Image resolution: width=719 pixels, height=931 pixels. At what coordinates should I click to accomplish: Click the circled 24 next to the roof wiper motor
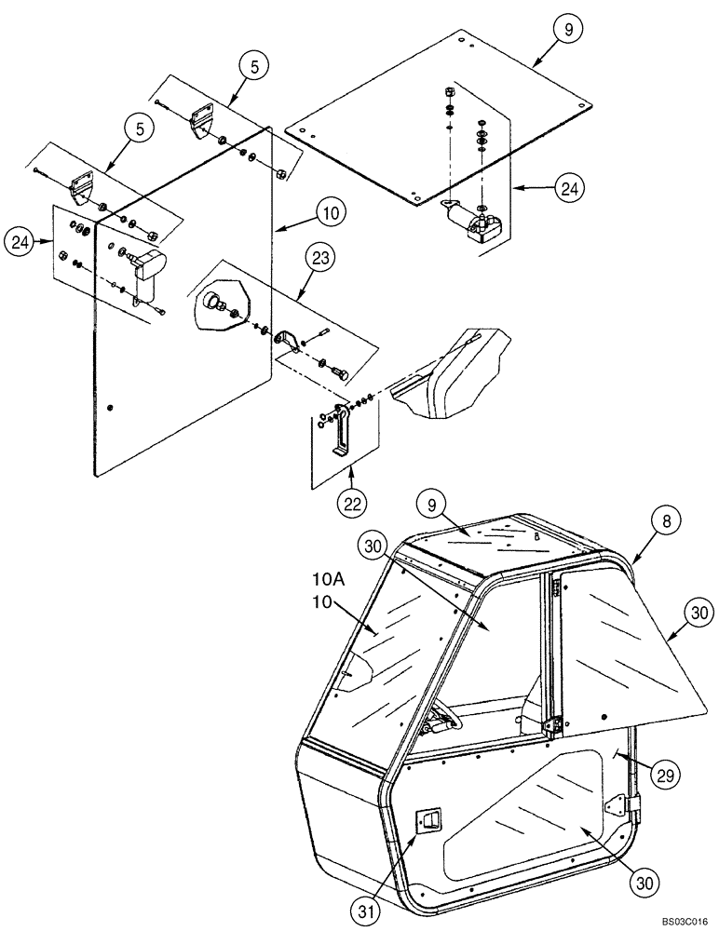(x=570, y=189)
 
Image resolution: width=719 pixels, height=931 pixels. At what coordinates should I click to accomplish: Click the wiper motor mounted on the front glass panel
(x=145, y=266)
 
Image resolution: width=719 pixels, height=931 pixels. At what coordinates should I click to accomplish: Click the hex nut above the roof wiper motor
(x=448, y=92)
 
